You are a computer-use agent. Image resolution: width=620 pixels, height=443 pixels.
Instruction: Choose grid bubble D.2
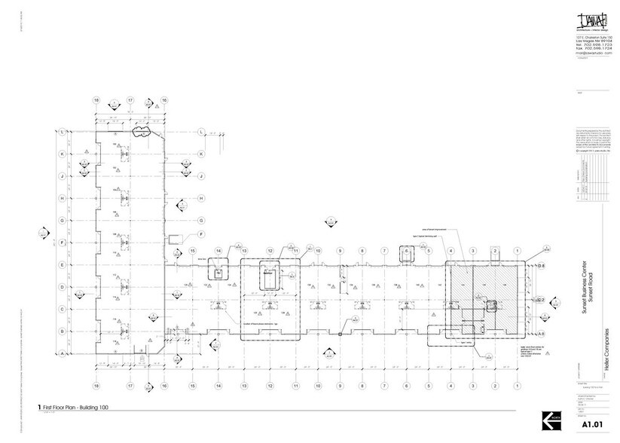[540, 300]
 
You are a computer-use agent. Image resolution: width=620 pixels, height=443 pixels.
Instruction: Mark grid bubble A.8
[540, 332]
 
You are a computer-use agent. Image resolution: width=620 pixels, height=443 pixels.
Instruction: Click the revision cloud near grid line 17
[140, 131]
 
